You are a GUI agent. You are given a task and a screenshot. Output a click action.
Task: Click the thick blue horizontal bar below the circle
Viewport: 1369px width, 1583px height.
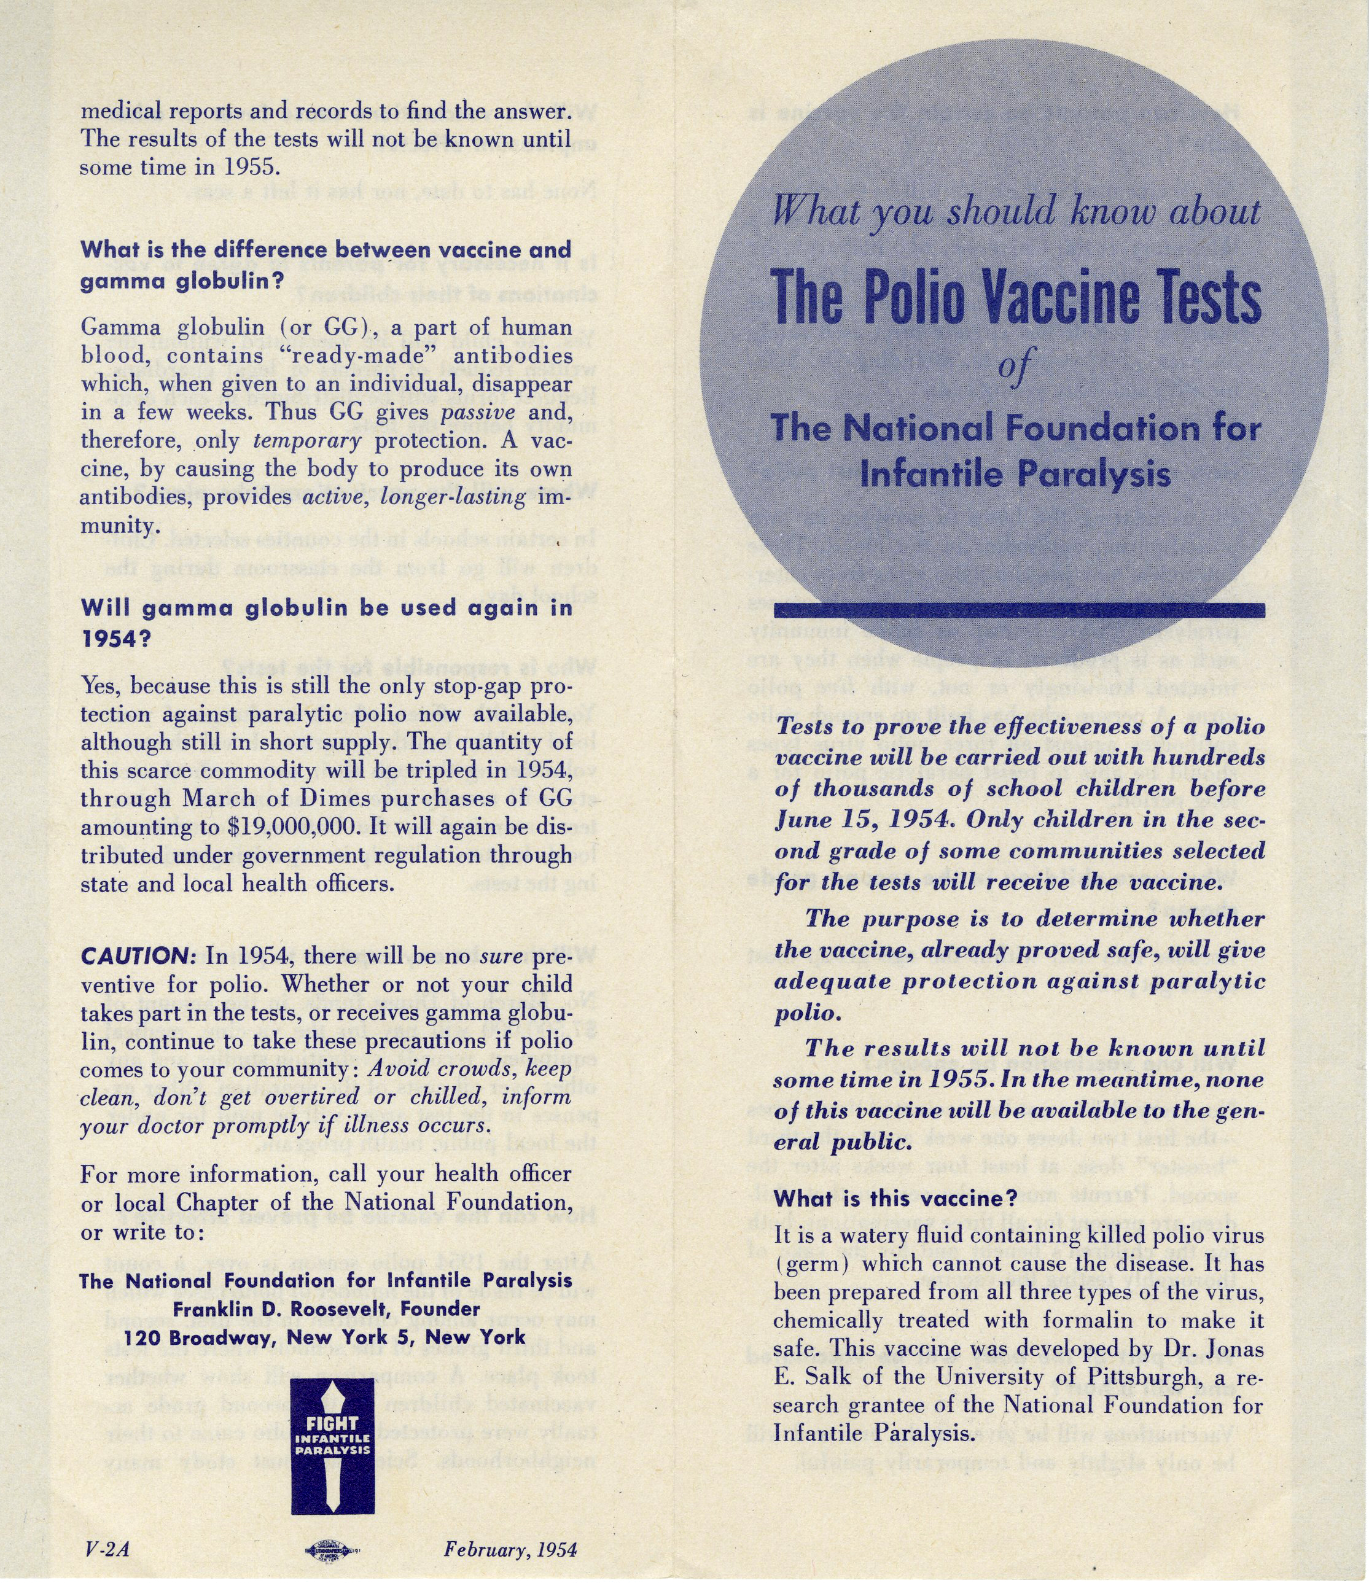(x=1019, y=610)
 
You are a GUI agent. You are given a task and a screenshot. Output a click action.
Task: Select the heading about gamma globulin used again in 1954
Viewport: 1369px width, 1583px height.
(x=326, y=623)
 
